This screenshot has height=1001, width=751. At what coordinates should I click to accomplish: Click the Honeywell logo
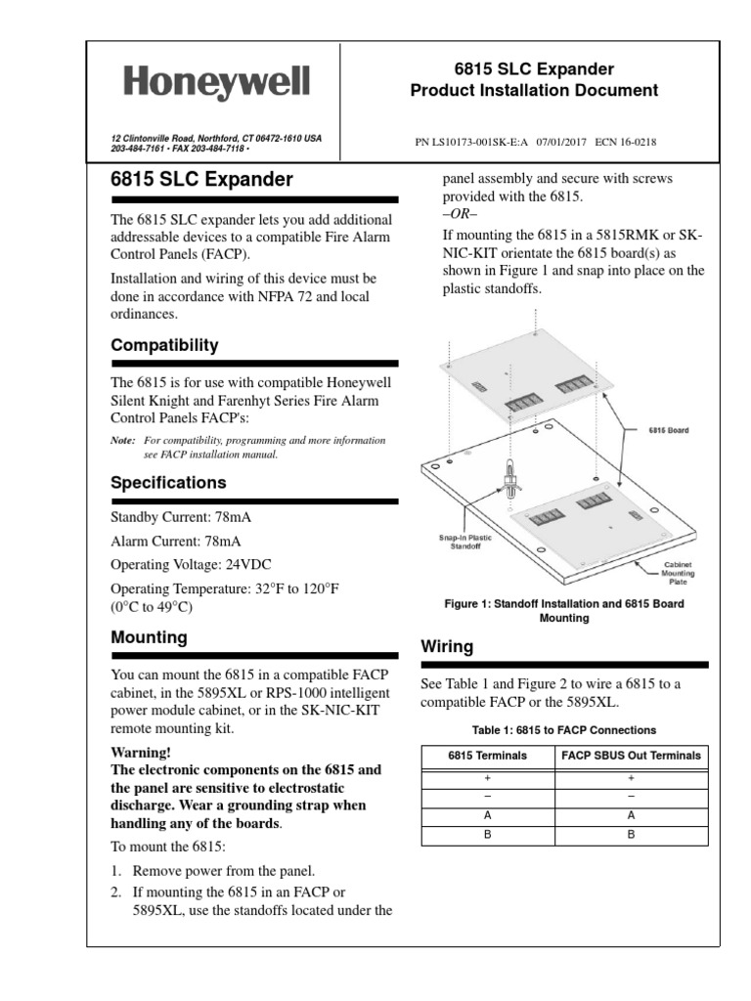click(216, 82)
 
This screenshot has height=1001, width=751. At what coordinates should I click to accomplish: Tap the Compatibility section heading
click(164, 346)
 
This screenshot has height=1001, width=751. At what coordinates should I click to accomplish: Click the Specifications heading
click(168, 483)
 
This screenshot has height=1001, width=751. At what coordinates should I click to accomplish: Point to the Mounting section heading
click(149, 637)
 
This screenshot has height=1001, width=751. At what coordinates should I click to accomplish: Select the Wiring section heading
click(446, 647)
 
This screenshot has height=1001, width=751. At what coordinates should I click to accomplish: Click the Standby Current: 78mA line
click(174, 516)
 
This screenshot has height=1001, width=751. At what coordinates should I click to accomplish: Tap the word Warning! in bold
click(141, 752)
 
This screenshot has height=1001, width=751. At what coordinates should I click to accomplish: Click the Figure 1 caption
click(564, 611)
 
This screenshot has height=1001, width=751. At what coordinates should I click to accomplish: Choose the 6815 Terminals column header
click(487, 756)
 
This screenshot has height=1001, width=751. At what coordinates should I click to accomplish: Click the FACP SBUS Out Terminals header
click(631, 756)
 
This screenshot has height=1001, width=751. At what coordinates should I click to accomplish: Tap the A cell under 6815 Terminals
click(487, 814)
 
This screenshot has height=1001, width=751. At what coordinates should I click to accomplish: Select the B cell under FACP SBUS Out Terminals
click(631, 835)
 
